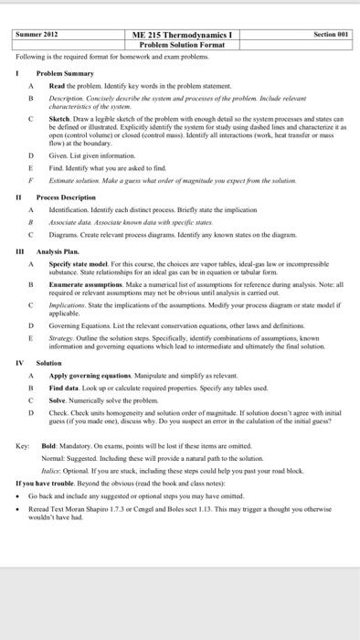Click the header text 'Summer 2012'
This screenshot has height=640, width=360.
point(37,34)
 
